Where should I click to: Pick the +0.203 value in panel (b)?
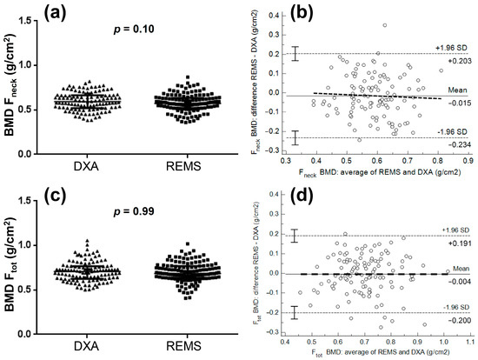(x=456, y=62)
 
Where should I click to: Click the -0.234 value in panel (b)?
(x=456, y=145)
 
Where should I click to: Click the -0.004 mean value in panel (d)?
(x=456, y=281)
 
